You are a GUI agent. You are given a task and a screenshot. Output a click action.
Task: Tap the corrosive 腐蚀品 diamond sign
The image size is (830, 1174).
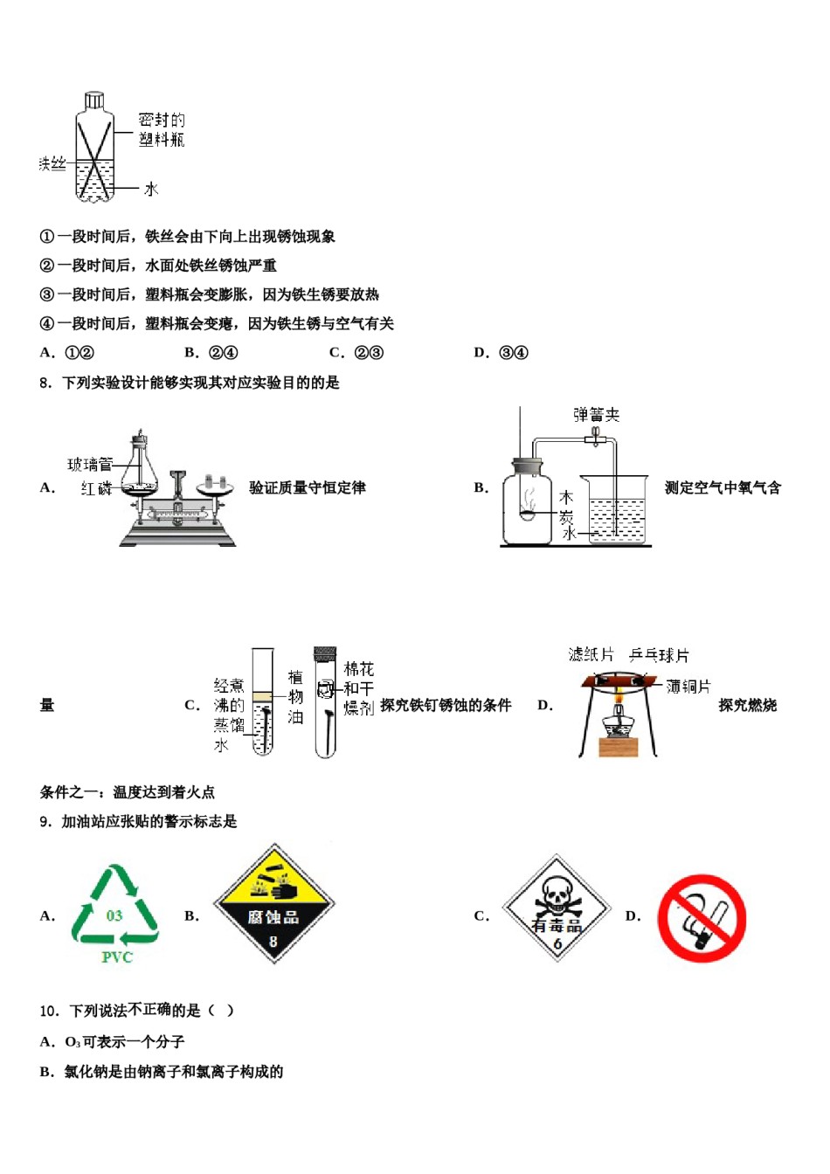click(273, 904)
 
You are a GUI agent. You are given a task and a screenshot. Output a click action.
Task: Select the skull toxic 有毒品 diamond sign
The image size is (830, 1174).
click(557, 908)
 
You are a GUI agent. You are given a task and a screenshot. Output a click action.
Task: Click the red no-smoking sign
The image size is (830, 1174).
click(702, 918)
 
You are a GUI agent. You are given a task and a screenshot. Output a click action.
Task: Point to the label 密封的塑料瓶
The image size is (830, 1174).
click(162, 129)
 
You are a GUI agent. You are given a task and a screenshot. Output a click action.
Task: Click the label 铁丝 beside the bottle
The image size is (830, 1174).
click(52, 163)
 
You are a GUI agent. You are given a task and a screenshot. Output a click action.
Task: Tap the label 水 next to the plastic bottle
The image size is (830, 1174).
click(151, 189)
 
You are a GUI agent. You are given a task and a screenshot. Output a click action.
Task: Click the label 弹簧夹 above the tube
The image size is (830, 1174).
click(596, 414)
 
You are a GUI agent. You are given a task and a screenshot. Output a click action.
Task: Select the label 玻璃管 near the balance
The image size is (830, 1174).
click(90, 465)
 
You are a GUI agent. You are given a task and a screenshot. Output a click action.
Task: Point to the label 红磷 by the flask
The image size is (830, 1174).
click(96, 488)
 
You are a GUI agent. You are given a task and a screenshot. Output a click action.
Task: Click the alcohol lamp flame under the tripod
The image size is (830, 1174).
click(619, 699)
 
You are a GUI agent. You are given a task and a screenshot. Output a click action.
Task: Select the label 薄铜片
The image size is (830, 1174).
click(688, 687)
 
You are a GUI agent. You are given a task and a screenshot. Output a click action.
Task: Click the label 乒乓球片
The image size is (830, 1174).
click(659, 655)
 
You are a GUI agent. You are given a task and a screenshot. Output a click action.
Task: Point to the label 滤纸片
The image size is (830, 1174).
click(591, 654)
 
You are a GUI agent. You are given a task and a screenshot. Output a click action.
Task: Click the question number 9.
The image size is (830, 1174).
click(45, 822)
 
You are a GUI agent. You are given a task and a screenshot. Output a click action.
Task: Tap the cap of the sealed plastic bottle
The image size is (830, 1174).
click(93, 100)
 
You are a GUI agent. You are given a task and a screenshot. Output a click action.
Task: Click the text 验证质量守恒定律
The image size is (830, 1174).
click(307, 487)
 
